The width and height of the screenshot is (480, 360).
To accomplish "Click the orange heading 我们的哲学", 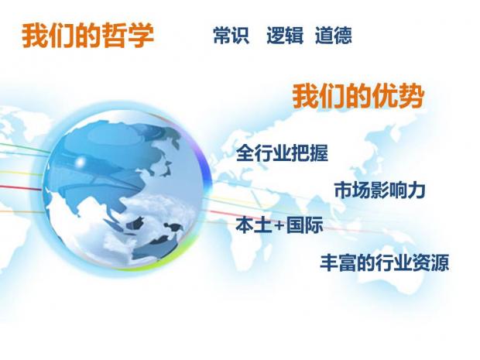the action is pyautogui.click(x=87, y=36).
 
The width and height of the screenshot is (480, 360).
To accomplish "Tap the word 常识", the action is pyautogui.click(x=231, y=35).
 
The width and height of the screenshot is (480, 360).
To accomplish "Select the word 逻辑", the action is pyautogui.click(x=286, y=35).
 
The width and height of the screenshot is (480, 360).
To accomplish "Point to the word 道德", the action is pyautogui.click(x=334, y=35).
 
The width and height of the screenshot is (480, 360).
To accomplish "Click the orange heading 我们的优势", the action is pyautogui.click(x=358, y=96).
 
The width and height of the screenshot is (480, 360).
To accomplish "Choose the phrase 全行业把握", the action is pyautogui.click(x=282, y=153).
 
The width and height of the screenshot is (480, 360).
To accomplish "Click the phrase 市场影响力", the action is pyautogui.click(x=379, y=190).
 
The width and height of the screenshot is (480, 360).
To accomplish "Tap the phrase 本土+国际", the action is pyautogui.click(x=279, y=225).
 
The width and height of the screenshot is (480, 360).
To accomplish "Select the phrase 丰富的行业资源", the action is pyautogui.click(x=385, y=262).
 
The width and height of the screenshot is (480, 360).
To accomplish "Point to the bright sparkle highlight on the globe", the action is pyautogui.click(x=81, y=161).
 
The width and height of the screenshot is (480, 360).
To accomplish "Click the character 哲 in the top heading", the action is pyautogui.click(x=114, y=36).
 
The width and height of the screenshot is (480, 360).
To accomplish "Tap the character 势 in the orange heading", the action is pyautogui.click(x=411, y=96).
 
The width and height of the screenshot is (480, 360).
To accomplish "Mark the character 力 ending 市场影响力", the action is pyautogui.click(x=417, y=190).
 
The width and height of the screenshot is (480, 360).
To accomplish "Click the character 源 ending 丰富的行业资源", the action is pyautogui.click(x=440, y=262).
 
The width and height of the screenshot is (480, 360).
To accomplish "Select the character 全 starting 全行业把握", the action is pyautogui.click(x=245, y=153).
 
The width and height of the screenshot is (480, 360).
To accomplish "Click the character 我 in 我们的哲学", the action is pyautogui.click(x=34, y=36).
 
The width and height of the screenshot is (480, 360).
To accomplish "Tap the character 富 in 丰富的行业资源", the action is pyautogui.click(x=348, y=262).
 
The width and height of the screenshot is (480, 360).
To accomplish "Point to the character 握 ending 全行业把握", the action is pyautogui.click(x=319, y=153).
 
